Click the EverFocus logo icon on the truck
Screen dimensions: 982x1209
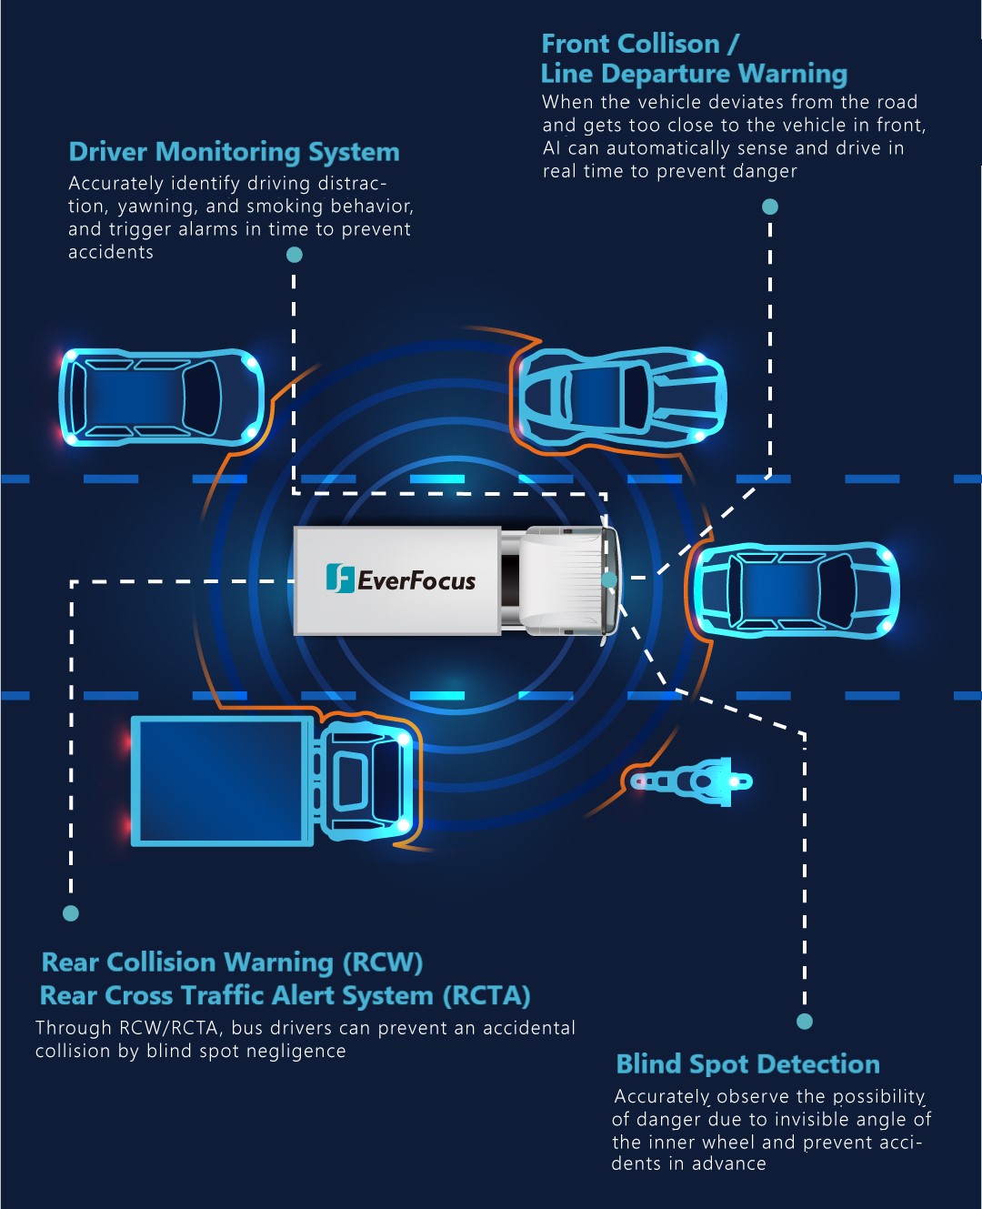pos(340,578)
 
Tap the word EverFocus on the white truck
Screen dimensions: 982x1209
pos(416,580)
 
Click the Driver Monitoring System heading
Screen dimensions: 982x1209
pos(234,153)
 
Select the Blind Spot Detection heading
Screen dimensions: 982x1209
pos(747,1064)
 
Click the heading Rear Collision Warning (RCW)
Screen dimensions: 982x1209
pos(232,962)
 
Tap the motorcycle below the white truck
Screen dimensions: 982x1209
pos(692,781)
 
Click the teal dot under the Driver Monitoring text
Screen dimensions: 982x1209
pos(294,255)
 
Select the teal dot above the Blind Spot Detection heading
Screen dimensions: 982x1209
pos(805,1022)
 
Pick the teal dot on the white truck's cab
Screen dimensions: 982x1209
pos(608,579)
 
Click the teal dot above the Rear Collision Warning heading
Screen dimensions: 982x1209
pos(70,913)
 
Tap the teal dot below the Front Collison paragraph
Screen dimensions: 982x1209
pos(770,207)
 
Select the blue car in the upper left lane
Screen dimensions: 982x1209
pos(162,397)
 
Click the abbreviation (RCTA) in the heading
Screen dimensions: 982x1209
pos(486,997)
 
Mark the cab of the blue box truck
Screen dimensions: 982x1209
pos(367,781)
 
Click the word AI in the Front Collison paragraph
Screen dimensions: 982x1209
pos(551,148)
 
